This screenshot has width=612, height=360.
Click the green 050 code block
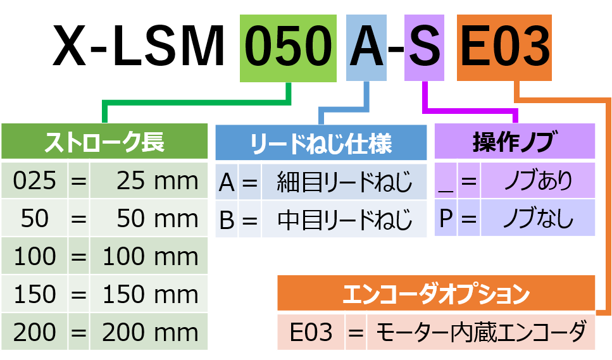(289, 48)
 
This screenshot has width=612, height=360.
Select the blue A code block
(367, 48)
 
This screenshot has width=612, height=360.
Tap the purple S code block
(423, 48)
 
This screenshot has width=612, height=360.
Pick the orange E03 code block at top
(504, 48)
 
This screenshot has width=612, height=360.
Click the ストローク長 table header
(104, 142)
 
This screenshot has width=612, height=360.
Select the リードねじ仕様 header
(321, 143)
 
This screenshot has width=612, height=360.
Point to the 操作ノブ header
(514, 142)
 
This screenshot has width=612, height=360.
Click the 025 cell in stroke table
(35, 181)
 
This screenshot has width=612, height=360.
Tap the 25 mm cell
(149, 181)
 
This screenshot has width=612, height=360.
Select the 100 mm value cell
(149, 257)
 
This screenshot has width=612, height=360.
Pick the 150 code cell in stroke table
(35, 295)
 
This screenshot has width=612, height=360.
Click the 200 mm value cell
(149, 333)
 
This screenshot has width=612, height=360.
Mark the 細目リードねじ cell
(344, 182)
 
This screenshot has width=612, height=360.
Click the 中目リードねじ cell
(344, 220)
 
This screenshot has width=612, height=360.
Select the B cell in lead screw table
(227, 220)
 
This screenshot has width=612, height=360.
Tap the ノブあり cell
(538, 181)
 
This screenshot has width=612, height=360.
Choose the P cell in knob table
(446, 219)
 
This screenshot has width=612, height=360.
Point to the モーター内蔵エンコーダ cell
(481, 332)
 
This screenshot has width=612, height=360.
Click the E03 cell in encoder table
(311, 332)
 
